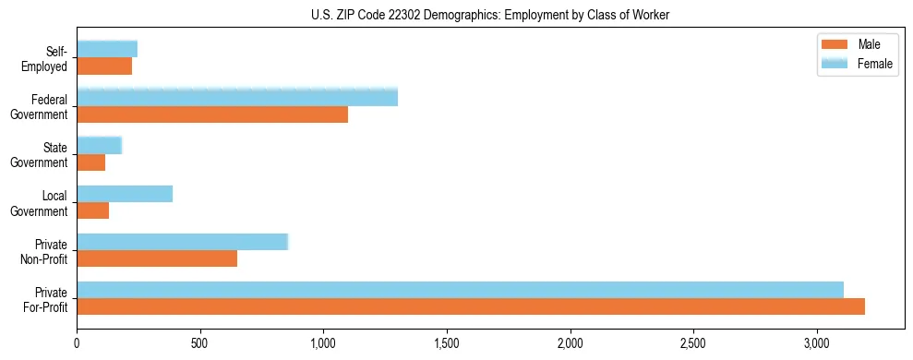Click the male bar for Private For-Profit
tap(471, 306)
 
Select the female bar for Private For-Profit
tap(460, 290)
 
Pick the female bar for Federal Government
tap(237, 97)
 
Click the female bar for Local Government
tap(125, 194)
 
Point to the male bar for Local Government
tap(93, 210)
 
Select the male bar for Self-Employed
tap(104, 66)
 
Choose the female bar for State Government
tap(100, 145)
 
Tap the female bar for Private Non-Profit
tap(183, 242)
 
